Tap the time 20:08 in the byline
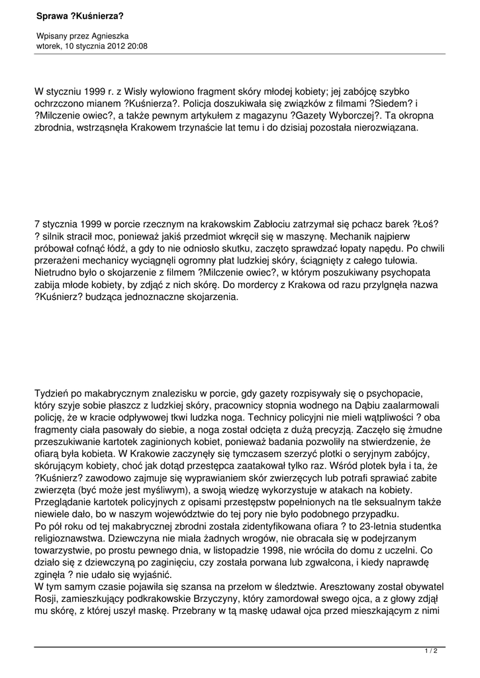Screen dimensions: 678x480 click(138, 46)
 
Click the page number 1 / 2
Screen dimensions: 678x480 click(431, 651)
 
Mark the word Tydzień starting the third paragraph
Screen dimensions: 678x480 click(55, 392)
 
